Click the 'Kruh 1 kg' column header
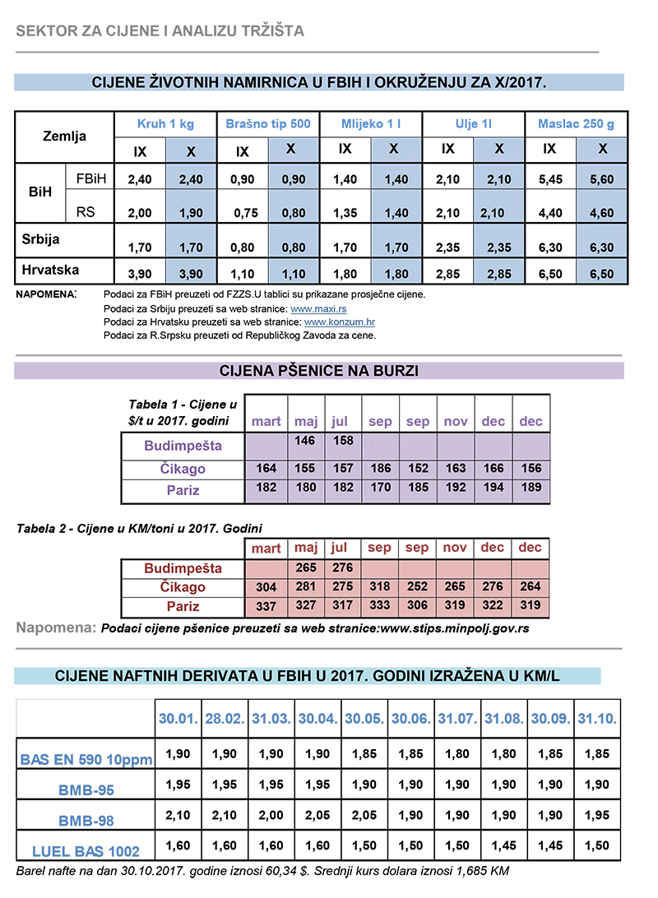[165, 124]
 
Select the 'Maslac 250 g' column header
[576, 124]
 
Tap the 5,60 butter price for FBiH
[603, 179]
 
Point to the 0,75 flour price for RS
[242, 212]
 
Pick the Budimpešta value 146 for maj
[305, 441]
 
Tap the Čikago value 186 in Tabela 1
[380, 469]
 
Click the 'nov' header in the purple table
[456, 422]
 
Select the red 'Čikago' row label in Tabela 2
[183, 587]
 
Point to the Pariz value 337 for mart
[266, 607]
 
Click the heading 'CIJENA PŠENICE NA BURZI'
[319, 371]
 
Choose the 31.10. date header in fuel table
[596, 718]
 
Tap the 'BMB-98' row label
[86, 820]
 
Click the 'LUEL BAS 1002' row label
[86, 851]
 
